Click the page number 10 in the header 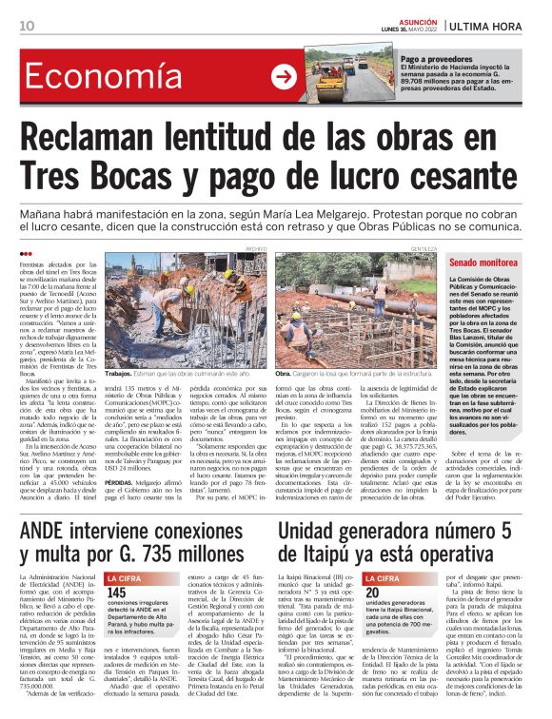pyautogui.click(x=27, y=25)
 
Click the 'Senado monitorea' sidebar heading pyautogui.click(x=484, y=262)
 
